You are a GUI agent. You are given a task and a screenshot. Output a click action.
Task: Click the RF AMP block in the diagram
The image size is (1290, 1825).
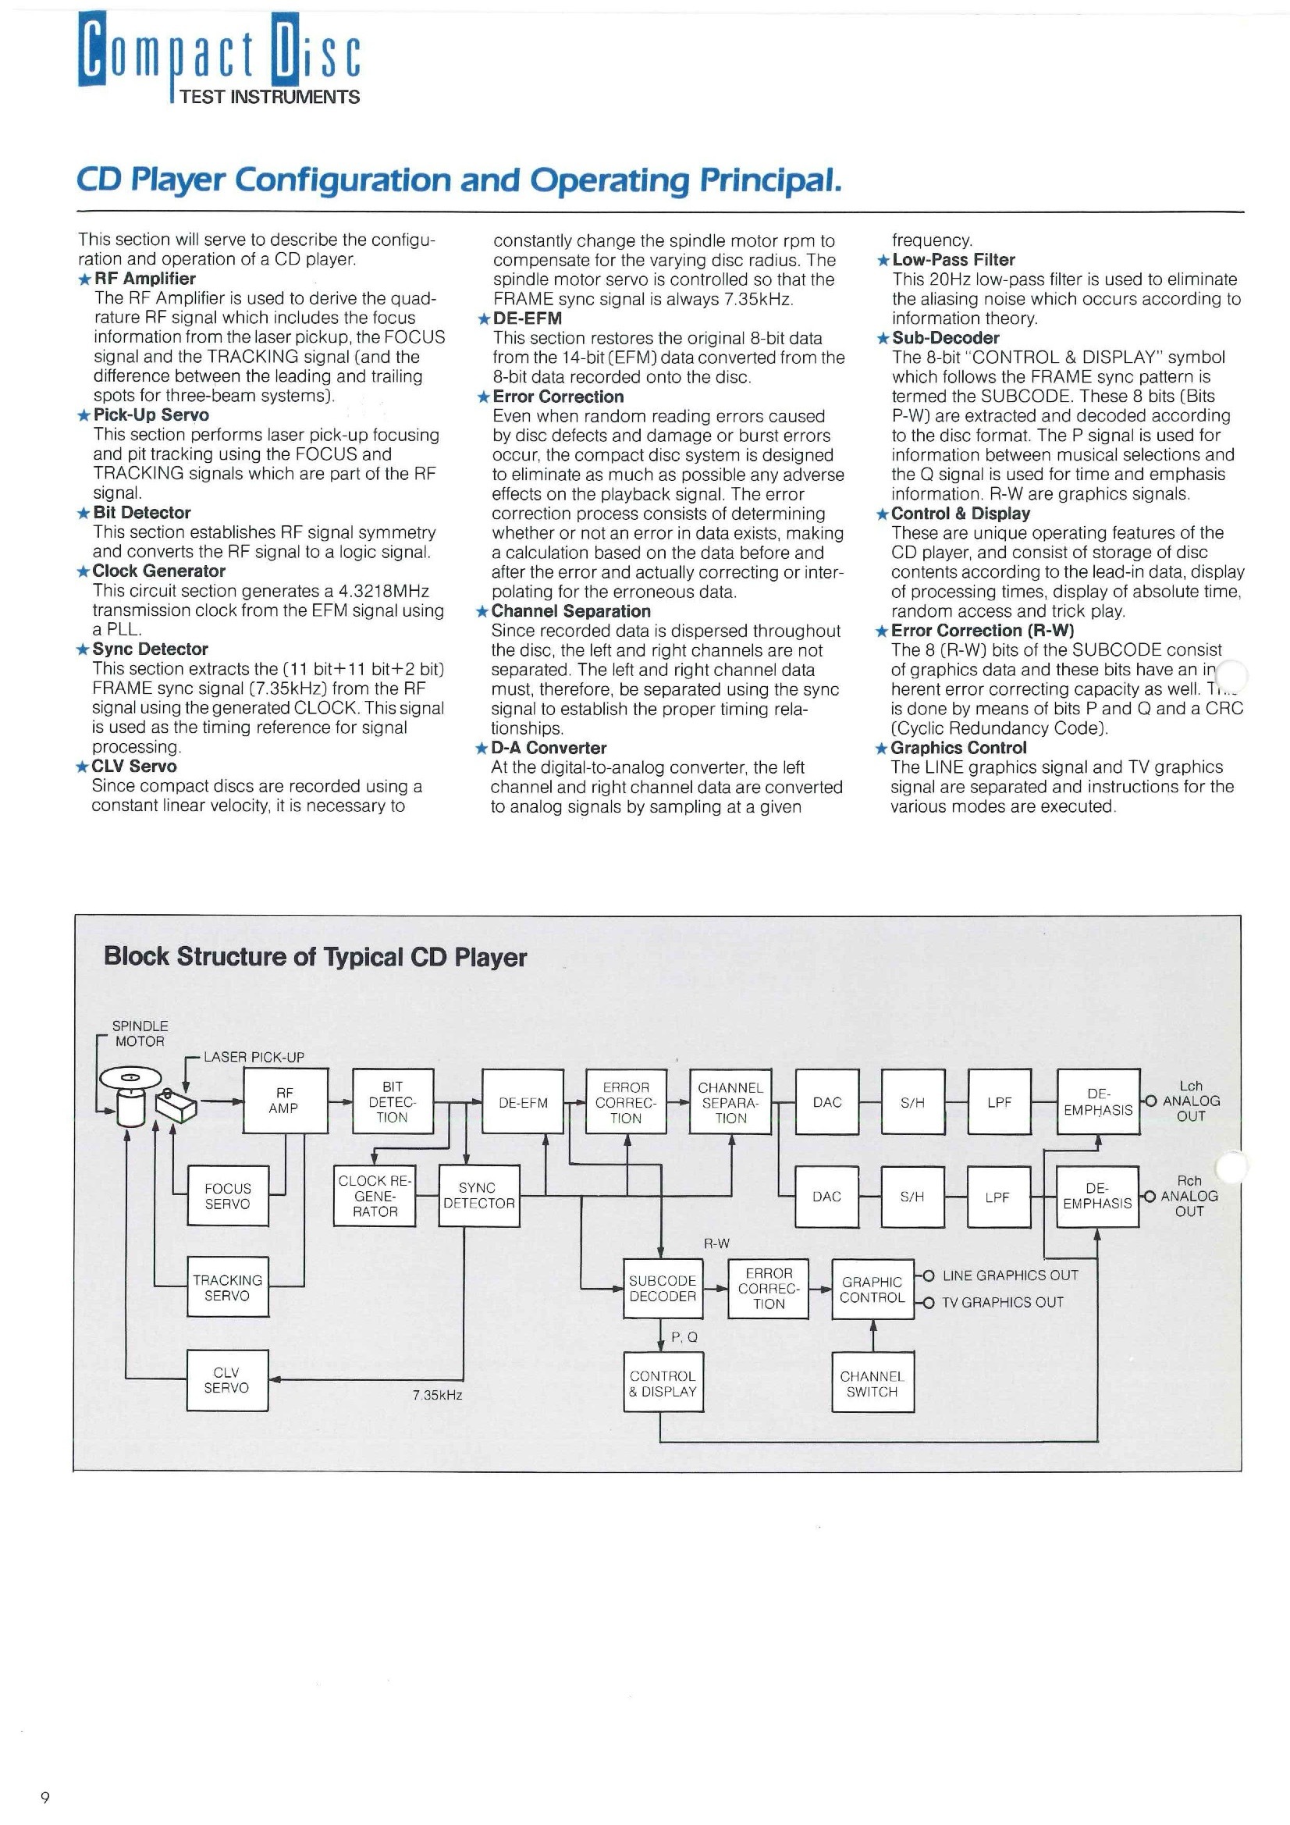click(285, 1101)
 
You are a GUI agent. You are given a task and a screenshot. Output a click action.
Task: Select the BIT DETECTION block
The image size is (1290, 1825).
click(392, 1101)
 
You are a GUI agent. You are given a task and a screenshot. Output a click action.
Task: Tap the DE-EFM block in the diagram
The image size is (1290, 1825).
click(522, 1102)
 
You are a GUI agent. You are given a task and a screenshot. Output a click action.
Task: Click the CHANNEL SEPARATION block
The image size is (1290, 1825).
click(730, 1101)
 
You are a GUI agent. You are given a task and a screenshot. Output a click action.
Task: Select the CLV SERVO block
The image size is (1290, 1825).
click(227, 1380)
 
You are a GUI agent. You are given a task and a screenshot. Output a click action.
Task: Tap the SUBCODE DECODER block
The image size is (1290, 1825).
click(662, 1288)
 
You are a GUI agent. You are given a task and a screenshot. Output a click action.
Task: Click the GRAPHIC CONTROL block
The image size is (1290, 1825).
click(872, 1290)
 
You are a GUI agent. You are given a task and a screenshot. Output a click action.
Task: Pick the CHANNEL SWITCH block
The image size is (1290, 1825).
click(872, 1384)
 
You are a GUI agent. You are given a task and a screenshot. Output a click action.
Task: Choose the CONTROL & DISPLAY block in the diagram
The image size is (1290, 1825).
click(662, 1383)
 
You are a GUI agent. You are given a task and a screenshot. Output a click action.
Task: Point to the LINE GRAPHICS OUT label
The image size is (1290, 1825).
click(1009, 1275)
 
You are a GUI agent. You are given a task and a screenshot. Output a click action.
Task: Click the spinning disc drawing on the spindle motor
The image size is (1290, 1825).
click(130, 1079)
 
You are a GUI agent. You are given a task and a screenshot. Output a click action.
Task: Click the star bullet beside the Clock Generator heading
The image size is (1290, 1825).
click(83, 571)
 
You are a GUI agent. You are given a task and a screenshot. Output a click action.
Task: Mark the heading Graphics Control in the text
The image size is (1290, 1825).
click(958, 748)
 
